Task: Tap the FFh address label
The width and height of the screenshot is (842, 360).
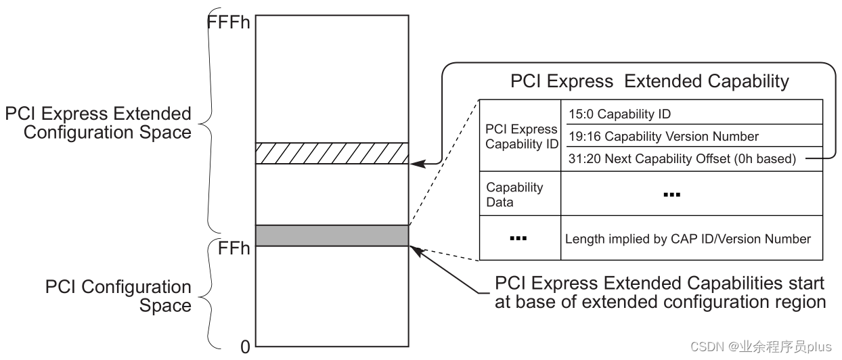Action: [234, 248]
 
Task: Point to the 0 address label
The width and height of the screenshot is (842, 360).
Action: [245, 347]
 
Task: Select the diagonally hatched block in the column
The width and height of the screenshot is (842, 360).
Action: [332, 153]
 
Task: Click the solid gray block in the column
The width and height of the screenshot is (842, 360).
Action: [332, 235]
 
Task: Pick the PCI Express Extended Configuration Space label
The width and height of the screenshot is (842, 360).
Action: [98, 122]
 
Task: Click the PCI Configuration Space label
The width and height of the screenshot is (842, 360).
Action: [118, 296]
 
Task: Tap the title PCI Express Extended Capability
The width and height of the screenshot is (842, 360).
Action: [649, 82]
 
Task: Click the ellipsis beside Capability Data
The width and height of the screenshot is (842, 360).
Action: [671, 195]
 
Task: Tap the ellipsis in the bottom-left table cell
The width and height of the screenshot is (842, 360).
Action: [518, 238]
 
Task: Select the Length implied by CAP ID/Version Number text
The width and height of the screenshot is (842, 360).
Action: [688, 238]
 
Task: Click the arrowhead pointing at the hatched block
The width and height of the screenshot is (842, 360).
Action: [418, 163]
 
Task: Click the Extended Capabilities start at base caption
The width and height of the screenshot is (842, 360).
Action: [660, 292]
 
